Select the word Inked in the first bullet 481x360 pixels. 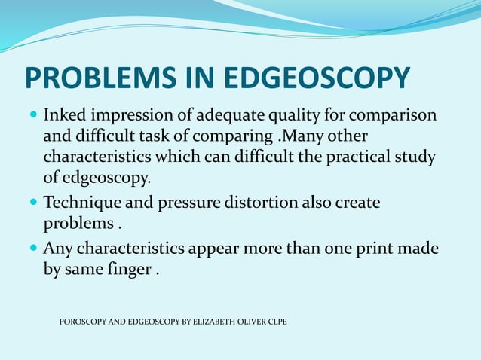(63, 117)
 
